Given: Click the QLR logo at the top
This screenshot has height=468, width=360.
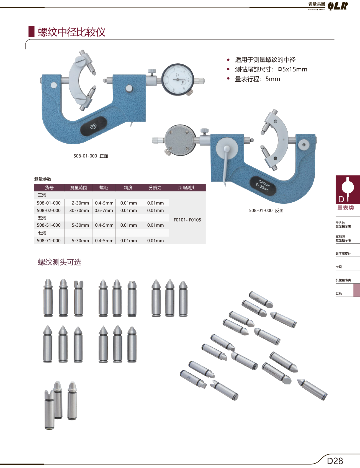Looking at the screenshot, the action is pos(338,6).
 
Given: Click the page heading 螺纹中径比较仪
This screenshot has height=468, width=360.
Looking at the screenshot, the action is pos(71,32).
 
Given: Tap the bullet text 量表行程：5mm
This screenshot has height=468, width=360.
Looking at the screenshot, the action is pos(257,79).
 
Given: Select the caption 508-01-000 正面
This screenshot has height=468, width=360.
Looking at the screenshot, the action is pos(91,156).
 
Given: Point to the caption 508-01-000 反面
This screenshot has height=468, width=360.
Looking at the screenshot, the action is pos(266,211).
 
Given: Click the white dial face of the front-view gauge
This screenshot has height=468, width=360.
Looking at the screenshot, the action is pos(177,80).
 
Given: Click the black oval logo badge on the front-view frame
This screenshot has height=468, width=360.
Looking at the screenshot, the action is pos(94,126).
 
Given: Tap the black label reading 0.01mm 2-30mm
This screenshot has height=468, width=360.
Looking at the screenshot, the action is pos(263,186).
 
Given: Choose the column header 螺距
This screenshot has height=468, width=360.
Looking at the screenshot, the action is pos(104,188).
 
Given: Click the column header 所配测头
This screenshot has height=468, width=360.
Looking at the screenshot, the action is pos(187,188).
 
